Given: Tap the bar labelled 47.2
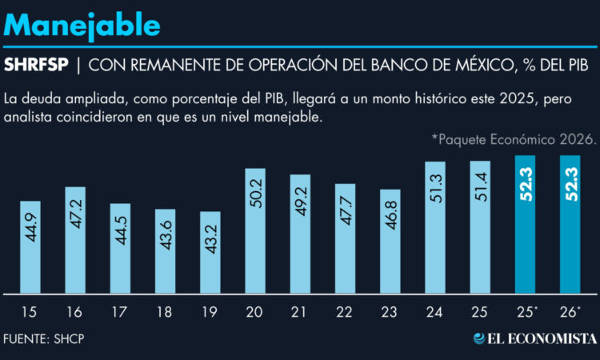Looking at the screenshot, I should (x=74, y=239).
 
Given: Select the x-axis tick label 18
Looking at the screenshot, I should (x=165, y=310).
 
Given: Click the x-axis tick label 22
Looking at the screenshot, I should (x=345, y=310).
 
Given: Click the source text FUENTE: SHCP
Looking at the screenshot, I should (x=44, y=338).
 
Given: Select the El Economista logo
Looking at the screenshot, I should (x=534, y=338).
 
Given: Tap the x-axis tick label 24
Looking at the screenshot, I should (x=434, y=310).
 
